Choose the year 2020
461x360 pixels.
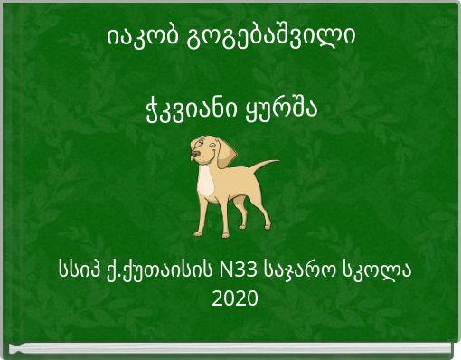pyautogui.click(x=234, y=298)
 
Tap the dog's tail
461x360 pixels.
pyautogui.click(x=266, y=167)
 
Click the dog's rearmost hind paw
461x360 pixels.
pyautogui.click(x=259, y=228)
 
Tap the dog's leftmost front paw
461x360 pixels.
pyautogui.click(x=198, y=232)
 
